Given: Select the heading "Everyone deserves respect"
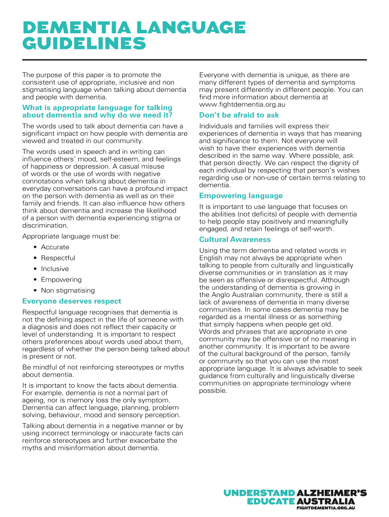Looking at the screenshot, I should pyautogui.click(x=72, y=301).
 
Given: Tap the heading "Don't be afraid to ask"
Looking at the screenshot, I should pyautogui.click(x=239, y=115).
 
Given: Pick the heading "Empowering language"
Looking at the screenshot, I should pyautogui.click(x=241, y=196).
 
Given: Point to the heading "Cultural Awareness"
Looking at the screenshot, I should pyautogui.click(x=235, y=240).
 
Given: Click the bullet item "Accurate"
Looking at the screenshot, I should pyautogui.click(x=55, y=247).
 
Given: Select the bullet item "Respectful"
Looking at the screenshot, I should pyautogui.click(x=58, y=258).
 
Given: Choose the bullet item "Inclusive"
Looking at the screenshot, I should pyautogui.click(x=55, y=269).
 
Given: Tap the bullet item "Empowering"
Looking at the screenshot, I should pyautogui.click(x=61, y=280).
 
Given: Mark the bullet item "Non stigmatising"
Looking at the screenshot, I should pyautogui.click(x=68, y=291).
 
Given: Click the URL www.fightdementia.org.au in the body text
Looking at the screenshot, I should pyautogui.click(x=242, y=105).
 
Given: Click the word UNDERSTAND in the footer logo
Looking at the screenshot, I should pyautogui.click(x=260, y=493).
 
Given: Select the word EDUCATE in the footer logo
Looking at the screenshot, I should pyautogui.click(x=270, y=501).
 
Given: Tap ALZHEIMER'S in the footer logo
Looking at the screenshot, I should pyautogui.click(x=332, y=493).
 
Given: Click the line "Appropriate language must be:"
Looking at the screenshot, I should pyautogui.click(x=71, y=236).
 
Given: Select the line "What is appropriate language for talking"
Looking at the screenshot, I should pyautogui.click(x=97, y=108).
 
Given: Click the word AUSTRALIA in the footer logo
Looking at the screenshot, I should pyautogui.click(x=325, y=501).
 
